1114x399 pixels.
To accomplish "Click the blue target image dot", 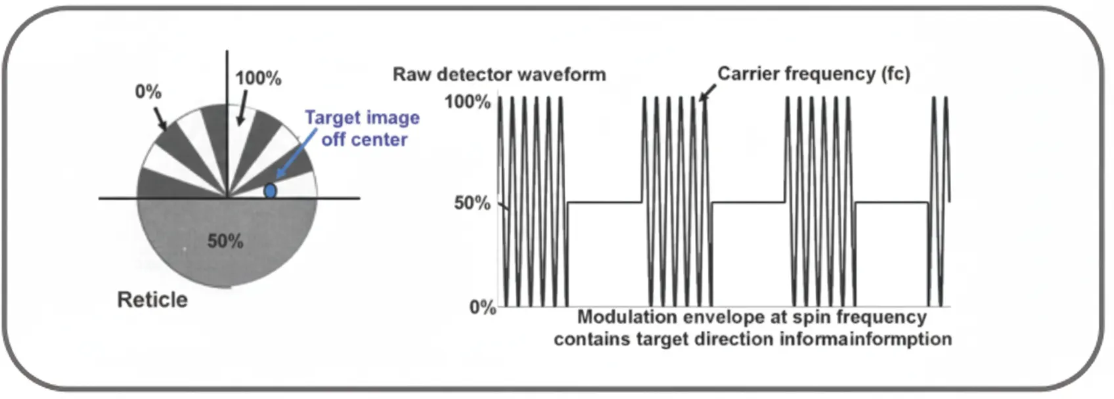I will (x=270, y=191).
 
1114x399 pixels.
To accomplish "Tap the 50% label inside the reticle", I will (x=225, y=241).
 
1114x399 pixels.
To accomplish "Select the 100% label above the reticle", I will (x=258, y=78).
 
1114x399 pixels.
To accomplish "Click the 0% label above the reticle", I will (x=148, y=91).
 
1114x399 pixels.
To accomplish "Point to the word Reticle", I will (x=152, y=300).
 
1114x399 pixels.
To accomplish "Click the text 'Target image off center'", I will (x=363, y=129).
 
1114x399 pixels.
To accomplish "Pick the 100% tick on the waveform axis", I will (x=467, y=102).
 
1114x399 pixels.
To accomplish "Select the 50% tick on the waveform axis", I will (x=472, y=203).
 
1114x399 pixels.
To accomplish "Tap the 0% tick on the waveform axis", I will (x=482, y=307).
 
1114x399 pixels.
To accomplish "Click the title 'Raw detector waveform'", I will (x=499, y=74).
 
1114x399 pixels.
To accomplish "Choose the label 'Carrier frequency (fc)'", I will (x=813, y=73).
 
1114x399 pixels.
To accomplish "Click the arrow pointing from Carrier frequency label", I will (x=707, y=94).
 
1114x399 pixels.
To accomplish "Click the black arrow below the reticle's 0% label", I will (x=160, y=118).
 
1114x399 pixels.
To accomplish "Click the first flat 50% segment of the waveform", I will (x=604, y=202).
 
